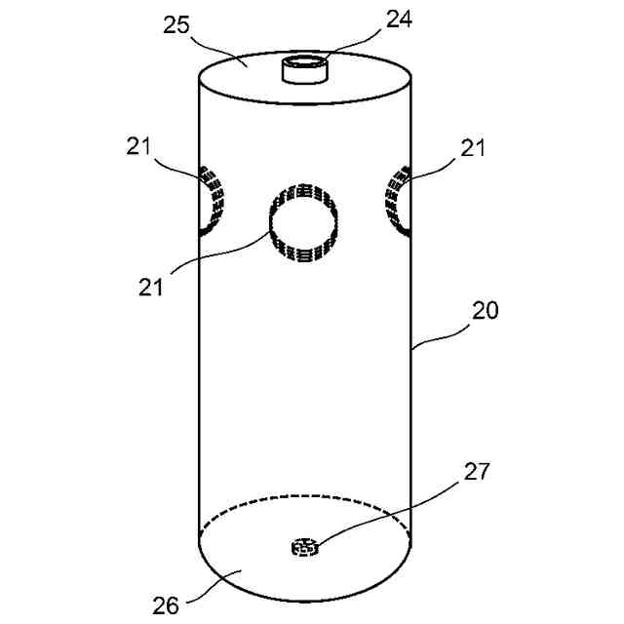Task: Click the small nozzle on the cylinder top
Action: coord(305,70)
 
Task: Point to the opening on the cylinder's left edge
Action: coord(212,201)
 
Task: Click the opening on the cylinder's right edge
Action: coord(399,201)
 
